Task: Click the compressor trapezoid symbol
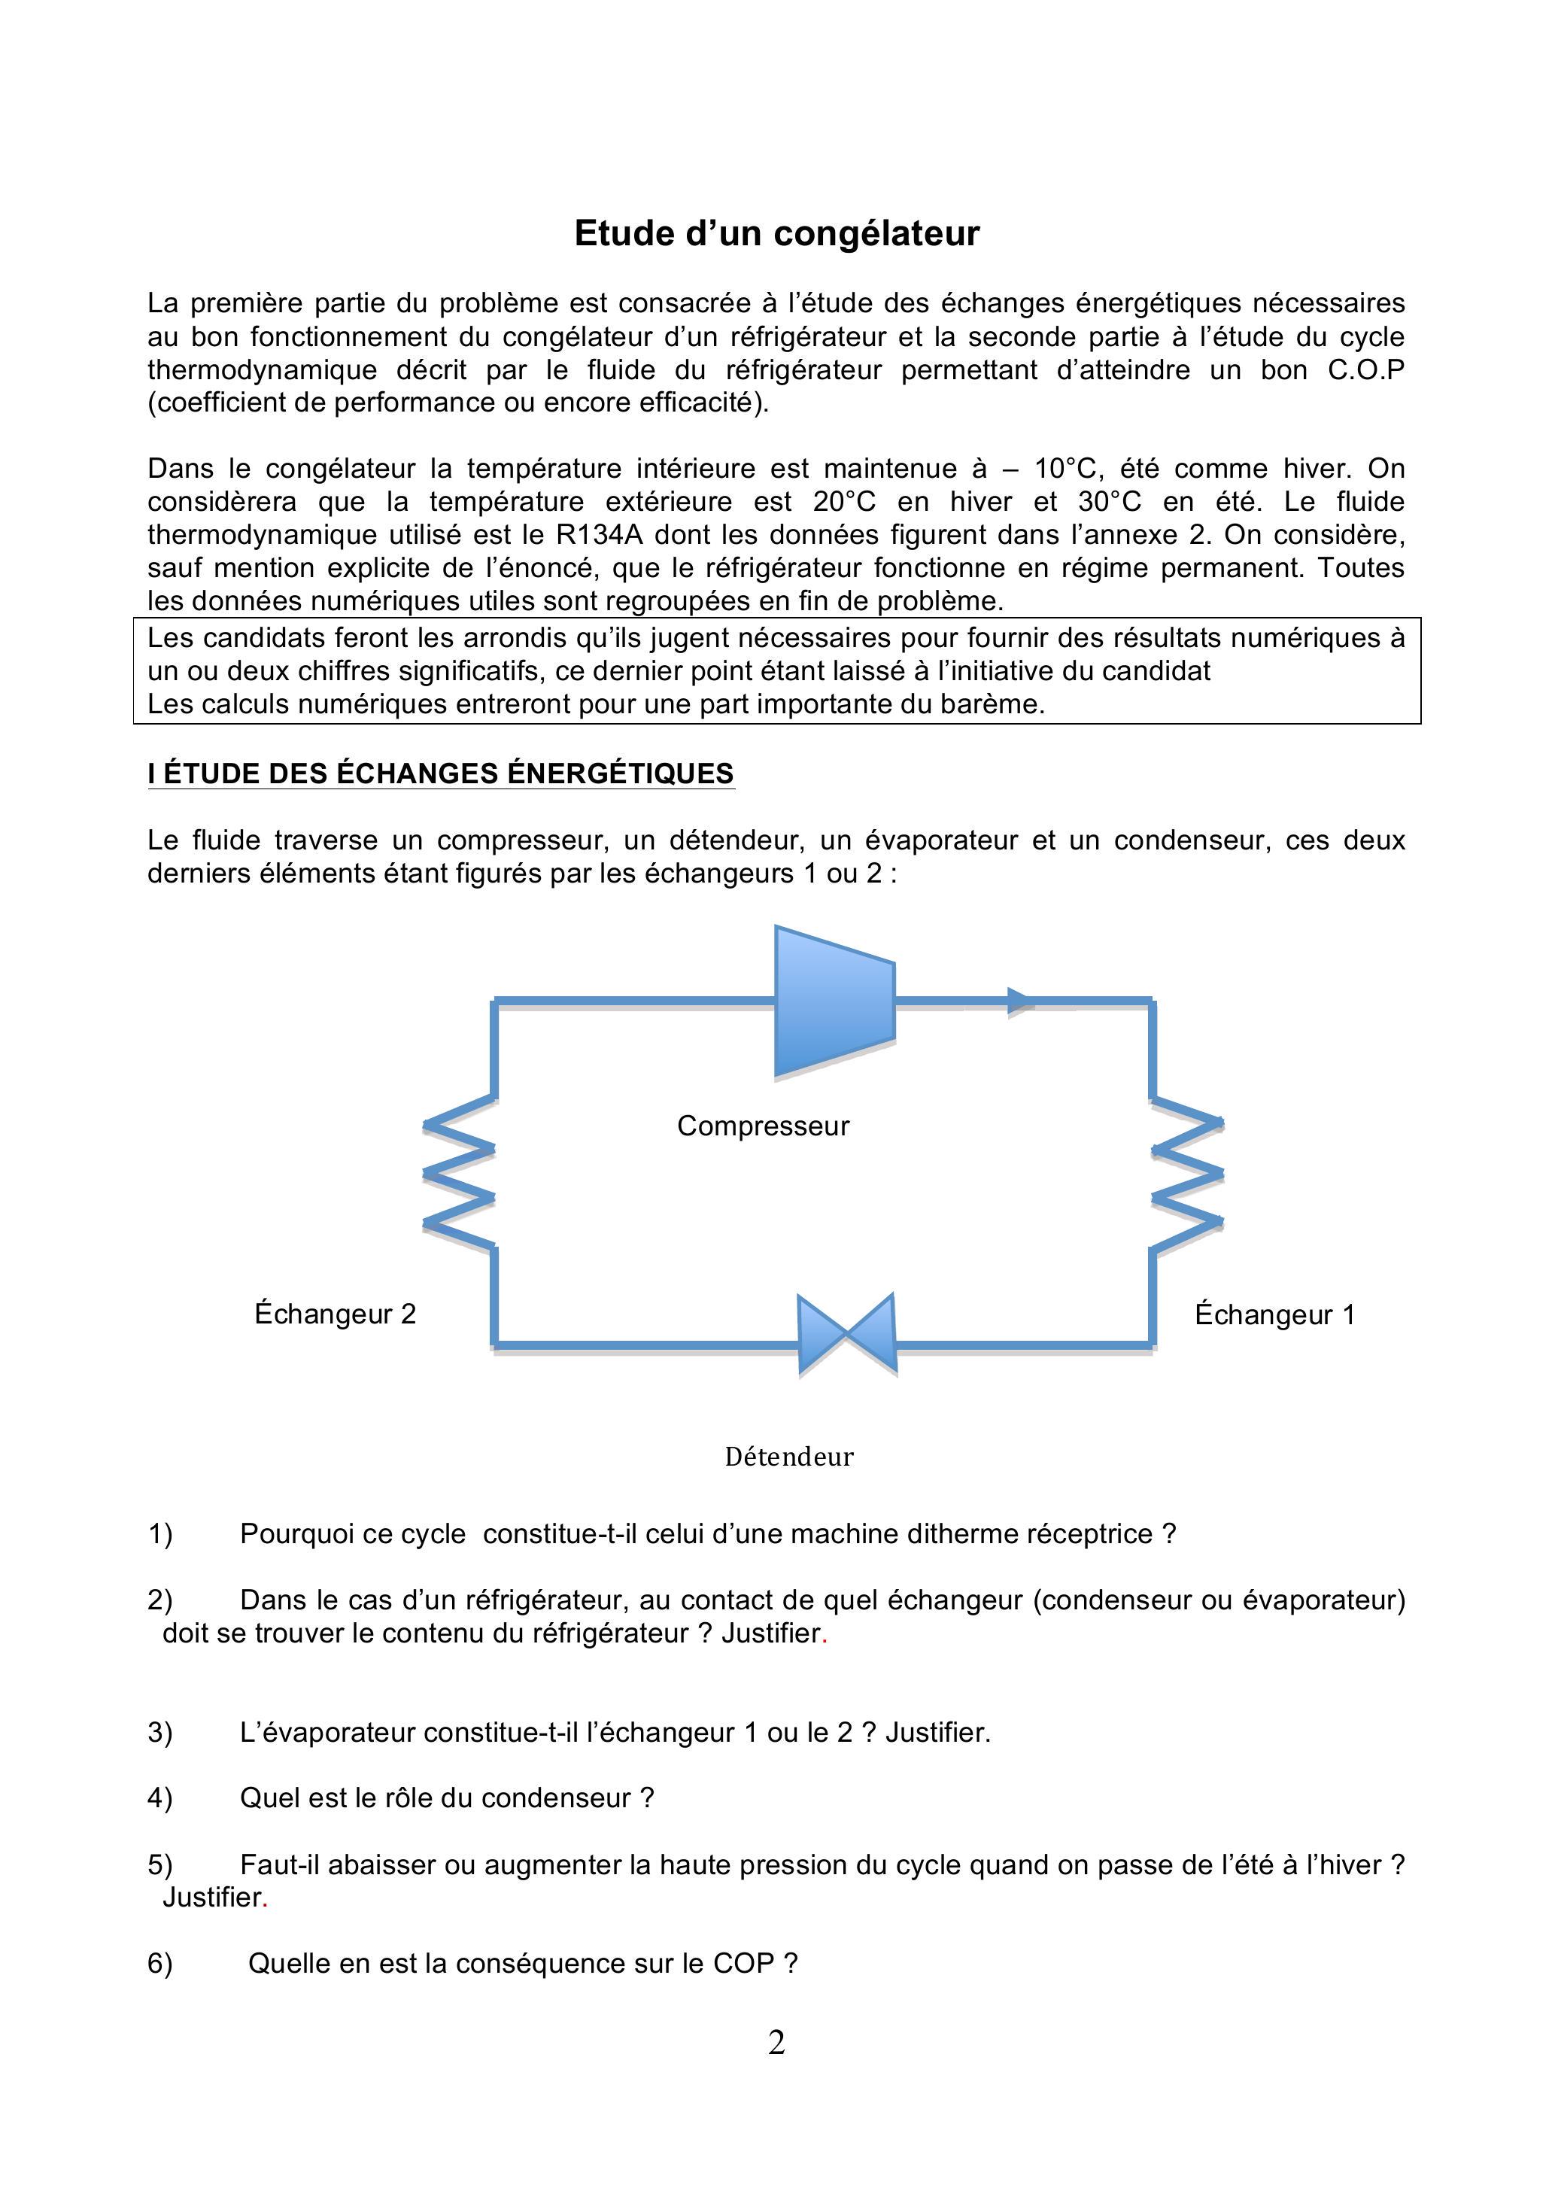pos(834,1001)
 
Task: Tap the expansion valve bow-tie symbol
pos(846,1334)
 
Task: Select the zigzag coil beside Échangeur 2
pos(460,1173)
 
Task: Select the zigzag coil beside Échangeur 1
pos(1187,1173)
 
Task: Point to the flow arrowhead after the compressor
pos(1019,1001)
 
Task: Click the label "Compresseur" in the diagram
pos(763,1125)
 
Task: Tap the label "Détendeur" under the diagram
pos(788,1457)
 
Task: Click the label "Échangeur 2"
pos(336,1314)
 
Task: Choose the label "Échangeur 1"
pos(1274,1314)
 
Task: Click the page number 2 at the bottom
pos(776,2042)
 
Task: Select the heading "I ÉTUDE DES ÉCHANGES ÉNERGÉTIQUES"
pos(441,773)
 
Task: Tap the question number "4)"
pos(160,1797)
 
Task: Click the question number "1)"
pos(160,1534)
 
